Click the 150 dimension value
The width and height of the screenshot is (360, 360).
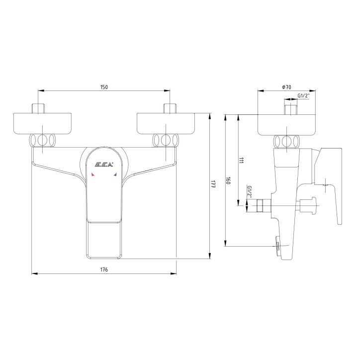[104, 87]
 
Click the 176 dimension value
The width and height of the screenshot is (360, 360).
[104, 269]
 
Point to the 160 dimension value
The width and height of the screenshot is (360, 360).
[228, 181]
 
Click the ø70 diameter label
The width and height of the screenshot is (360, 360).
[286, 87]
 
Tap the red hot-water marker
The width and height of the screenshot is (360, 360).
[93, 175]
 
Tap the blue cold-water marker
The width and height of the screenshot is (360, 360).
[115, 175]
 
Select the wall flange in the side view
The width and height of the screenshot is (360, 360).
[286, 124]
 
